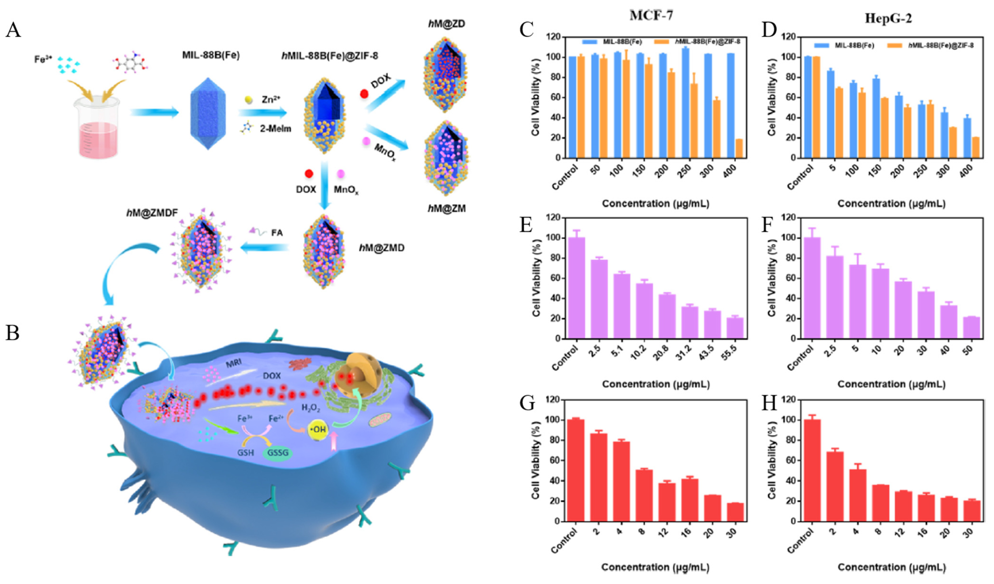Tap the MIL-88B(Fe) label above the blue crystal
click(211, 55)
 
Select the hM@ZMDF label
click(152, 213)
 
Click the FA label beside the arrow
click(277, 233)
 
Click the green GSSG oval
click(278, 453)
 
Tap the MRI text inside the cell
click(234, 363)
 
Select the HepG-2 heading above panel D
click(888, 18)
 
